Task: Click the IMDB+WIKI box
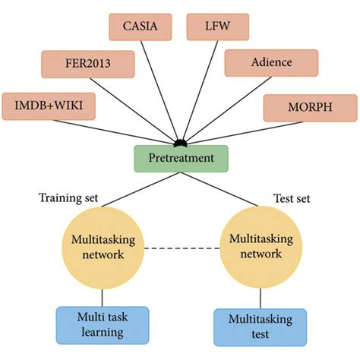coord(49,106)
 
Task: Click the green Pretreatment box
coord(182,159)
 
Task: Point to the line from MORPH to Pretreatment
coord(228,127)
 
